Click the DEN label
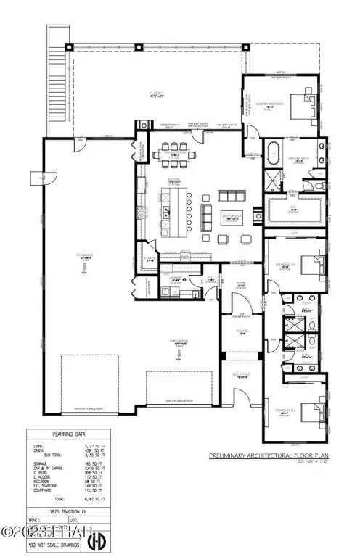click(185, 256)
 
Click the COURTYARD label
click(241, 375)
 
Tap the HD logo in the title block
click(95, 542)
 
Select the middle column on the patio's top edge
click(138, 47)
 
